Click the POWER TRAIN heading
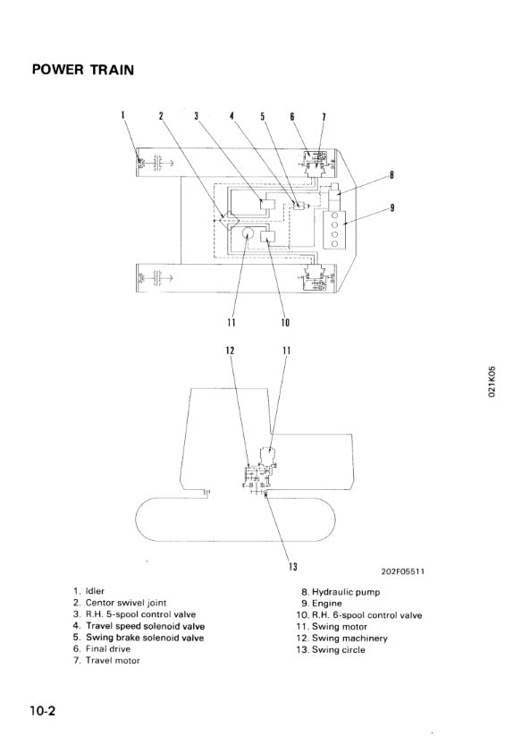pyautogui.click(x=83, y=70)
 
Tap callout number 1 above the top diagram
pyautogui.click(x=123, y=115)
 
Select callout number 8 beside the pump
pyautogui.click(x=391, y=175)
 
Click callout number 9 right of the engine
pyautogui.click(x=392, y=207)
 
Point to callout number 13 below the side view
pyautogui.click(x=293, y=567)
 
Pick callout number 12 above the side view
pyautogui.click(x=230, y=351)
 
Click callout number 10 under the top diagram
pyautogui.click(x=286, y=323)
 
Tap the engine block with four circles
pyautogui.click(x=334, y=230)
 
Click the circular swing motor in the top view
pyautogui.click(x=248, y=233)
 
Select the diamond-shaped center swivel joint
pyautogui.click(x=230, y=220)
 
